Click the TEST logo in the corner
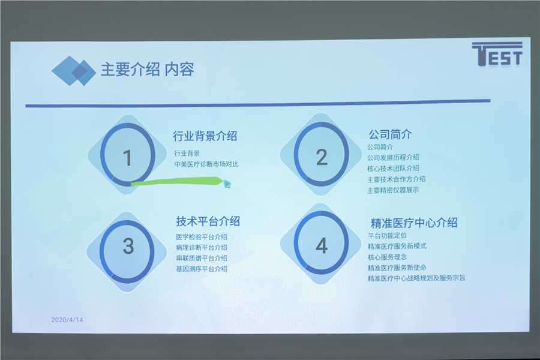point(497,54)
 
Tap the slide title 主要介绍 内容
point(147,70)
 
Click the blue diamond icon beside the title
point(74,71)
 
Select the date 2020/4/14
point(67,320)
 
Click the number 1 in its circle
point(127,158)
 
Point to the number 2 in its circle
point(322,157)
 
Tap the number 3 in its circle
point(128,247)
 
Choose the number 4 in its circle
point(322,246)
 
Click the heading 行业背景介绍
point(205,136)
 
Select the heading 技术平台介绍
point(208,221)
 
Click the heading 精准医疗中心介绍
point(414,223)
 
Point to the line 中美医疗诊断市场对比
point(206,164)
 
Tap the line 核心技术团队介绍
point(393,169)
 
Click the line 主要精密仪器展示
point(393,190)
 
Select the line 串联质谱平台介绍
point(202,258)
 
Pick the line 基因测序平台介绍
point(202,269)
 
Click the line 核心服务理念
point(387,257)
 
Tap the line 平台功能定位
point(387,236)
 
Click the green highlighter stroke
point(176,181)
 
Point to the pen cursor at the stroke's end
point(227,184)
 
